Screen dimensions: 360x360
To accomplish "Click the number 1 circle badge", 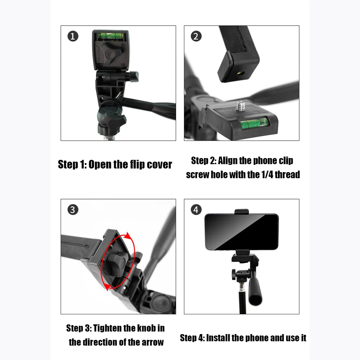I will click(x=73, y=36).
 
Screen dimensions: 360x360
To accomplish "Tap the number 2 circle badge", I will click(x=196, y=36).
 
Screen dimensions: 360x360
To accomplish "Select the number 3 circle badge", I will click(x=73, y=210).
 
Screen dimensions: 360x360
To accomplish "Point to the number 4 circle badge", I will click(x=196, y=210).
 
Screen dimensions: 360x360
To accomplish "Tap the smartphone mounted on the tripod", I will click(x=241, y=231).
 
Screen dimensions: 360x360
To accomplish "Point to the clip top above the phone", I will click(x=242, y=212).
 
